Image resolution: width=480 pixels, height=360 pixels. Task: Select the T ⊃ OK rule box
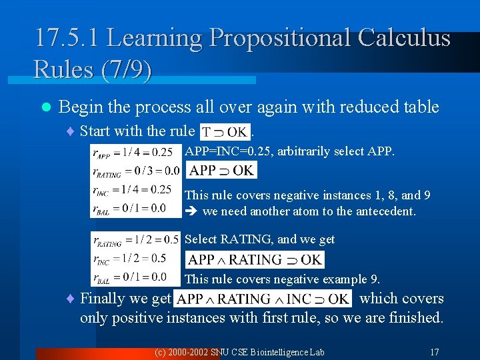pyautogui.click(x=225, y=131)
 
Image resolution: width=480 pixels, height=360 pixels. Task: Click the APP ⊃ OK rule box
pyautogui.click(x=221, y=170)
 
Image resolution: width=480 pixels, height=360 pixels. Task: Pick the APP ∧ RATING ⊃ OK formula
pyautogui.click(x=255, y=259)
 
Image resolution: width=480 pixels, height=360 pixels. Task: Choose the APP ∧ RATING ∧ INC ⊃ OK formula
pyautogui.click(x=263, y=299)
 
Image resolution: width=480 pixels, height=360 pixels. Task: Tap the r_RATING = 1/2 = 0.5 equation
pyautogui.click(x=137, y=239)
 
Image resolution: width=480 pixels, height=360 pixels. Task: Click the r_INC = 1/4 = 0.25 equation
pyautogui.click(x=134, y=189)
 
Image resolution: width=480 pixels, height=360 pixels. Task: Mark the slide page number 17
pyautogui.click(x=434, y=351)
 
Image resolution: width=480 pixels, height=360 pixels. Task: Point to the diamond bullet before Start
pyautogui.click(x=71, y=131)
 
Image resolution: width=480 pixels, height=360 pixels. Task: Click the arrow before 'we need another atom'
pyautogui.click(x=190, y=212)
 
